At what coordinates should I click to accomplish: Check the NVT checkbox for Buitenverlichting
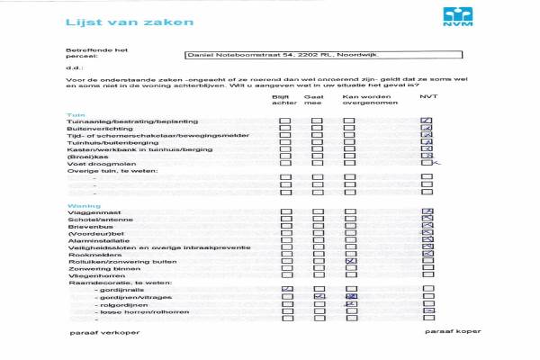[427, 130]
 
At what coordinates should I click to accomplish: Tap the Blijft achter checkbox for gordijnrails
[286, 288]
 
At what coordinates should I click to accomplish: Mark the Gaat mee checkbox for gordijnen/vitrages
[319, 296]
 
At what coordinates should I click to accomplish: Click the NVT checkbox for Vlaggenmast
[427, 213]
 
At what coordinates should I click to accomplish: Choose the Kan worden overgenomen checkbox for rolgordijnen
[351, 304]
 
